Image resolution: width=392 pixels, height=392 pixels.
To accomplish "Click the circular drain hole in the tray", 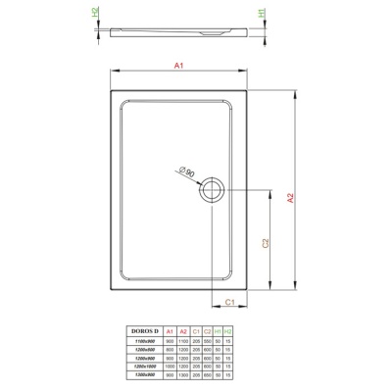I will tap(211, 190).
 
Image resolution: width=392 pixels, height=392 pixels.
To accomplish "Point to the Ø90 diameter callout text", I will tap(187, 172).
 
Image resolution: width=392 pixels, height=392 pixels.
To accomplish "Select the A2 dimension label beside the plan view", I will tap(290, 196).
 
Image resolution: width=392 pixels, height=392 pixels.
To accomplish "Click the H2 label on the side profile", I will tap(96, 14).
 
